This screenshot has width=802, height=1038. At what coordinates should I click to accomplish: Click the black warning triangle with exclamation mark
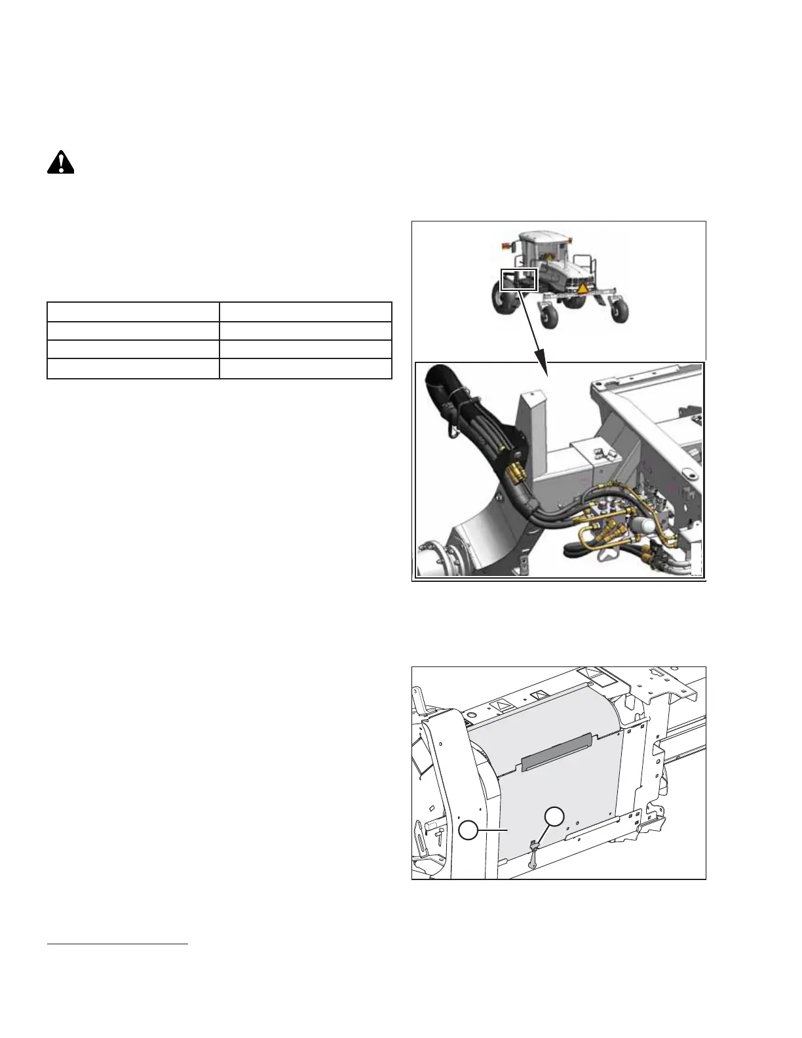[60, 162]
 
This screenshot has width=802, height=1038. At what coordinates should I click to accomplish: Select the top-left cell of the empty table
[133, 311]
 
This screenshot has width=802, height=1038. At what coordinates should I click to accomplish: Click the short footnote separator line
[118, 944]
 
